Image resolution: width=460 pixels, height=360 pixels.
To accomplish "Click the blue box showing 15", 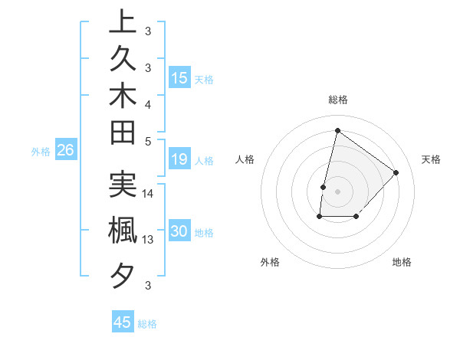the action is pyautogui.click(x=179, y=78).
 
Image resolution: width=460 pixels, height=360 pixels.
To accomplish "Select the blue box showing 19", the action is pyautogui.click(x=179, y=159).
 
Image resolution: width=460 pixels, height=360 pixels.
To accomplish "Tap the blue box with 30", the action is pyautogui.click(x=179, y=232).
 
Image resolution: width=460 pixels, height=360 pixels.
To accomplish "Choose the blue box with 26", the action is pyautogui.click(x=65, y=150).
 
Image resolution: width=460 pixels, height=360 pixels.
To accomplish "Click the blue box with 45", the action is pyautogui.click(x=123, y=322).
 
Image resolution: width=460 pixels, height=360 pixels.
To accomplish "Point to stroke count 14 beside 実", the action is pyautogui.click(x=148, y=194).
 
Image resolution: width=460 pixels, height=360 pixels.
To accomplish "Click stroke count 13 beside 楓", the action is pyautogui.click(x=148, y=240).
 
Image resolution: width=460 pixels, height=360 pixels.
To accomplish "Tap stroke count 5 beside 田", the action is pyautogui.click(x=148, y=141).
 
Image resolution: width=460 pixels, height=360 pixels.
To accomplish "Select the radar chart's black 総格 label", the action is pyautogui.click(x=338, y=100).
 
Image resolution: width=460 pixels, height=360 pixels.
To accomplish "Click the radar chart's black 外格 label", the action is pyautogui.click(x=270, y=262).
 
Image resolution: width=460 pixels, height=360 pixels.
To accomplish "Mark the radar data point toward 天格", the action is pyautogui.click(x=396, y=172).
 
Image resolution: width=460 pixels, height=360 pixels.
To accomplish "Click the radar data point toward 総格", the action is pyautogui.click(x=337, y=131).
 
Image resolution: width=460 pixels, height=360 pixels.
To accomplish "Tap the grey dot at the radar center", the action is pyautogui.click(x=337, y=191).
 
